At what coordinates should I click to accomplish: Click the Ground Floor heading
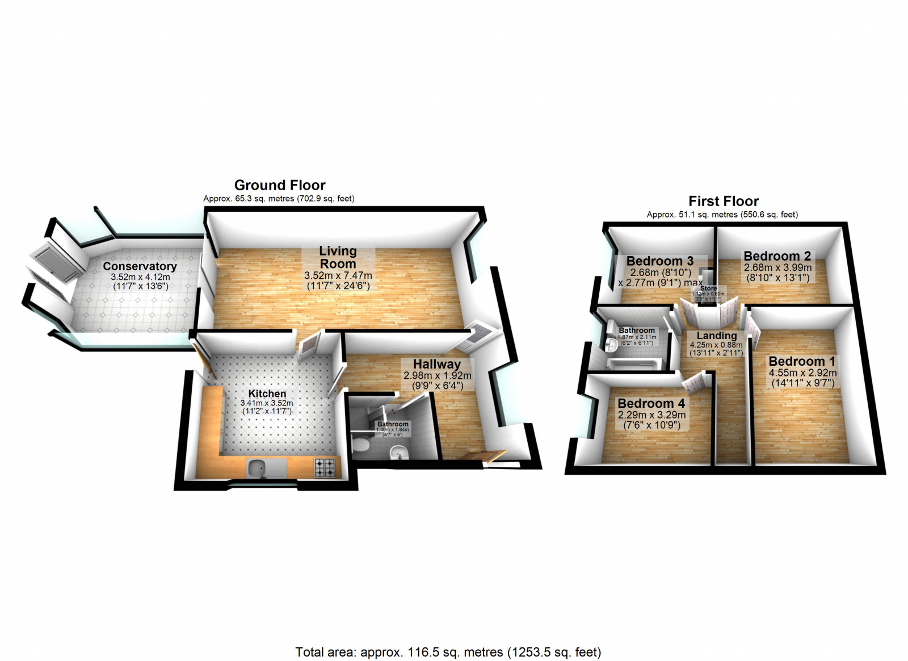point(280,185)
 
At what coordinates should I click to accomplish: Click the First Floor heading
point(724,201)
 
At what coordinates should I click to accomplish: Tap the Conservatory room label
point(140,266)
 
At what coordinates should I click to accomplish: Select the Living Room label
point(338,257)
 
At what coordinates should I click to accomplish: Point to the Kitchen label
point(267,394)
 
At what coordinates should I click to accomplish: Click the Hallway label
point(437,364)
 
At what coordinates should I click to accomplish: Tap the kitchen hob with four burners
point(325,467)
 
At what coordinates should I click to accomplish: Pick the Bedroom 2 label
point(777,256)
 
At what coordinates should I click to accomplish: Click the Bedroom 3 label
point(660,261)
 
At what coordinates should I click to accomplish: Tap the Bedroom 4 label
point(651,403)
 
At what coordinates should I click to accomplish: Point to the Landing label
point(717,336)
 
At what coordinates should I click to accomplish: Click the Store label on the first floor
point(708,288)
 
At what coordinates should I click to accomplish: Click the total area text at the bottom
point(448,652)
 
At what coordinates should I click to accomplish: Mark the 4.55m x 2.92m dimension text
point(802,373)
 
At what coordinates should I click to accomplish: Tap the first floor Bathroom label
point(637,330)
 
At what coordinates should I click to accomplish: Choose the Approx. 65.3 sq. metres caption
point(279,199)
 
